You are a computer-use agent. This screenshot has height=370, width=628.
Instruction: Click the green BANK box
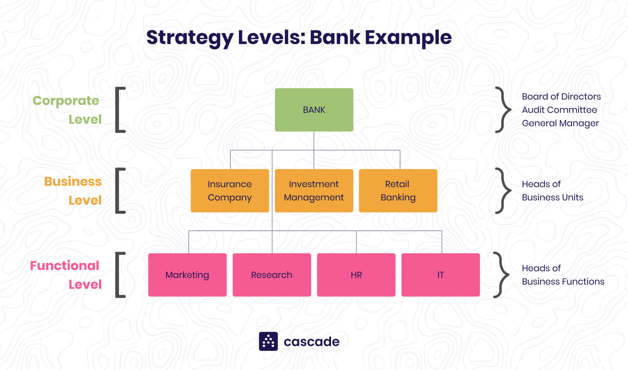314,110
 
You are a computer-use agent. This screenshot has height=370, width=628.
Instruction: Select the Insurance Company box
230,191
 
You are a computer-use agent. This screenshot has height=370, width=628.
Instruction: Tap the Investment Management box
314,191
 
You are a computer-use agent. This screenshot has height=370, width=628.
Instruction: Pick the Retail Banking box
398,191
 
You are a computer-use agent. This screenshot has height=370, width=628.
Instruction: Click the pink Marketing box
187,275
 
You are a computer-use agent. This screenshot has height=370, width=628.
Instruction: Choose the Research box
271,275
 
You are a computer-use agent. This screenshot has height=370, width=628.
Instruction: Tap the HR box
356,275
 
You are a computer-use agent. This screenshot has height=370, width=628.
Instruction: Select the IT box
440,275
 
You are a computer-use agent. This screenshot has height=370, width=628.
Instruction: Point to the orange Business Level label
73,191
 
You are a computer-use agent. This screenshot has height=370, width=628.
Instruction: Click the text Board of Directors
561,97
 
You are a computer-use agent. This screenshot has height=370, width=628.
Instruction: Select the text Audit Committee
559,110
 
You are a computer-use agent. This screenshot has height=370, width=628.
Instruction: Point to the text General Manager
560,123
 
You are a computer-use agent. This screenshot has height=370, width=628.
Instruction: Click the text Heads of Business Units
552,191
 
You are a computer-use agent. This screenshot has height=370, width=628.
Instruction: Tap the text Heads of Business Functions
563,275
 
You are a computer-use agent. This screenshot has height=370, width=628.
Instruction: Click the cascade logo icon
268,341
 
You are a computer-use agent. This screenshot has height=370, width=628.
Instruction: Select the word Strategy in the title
190,38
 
